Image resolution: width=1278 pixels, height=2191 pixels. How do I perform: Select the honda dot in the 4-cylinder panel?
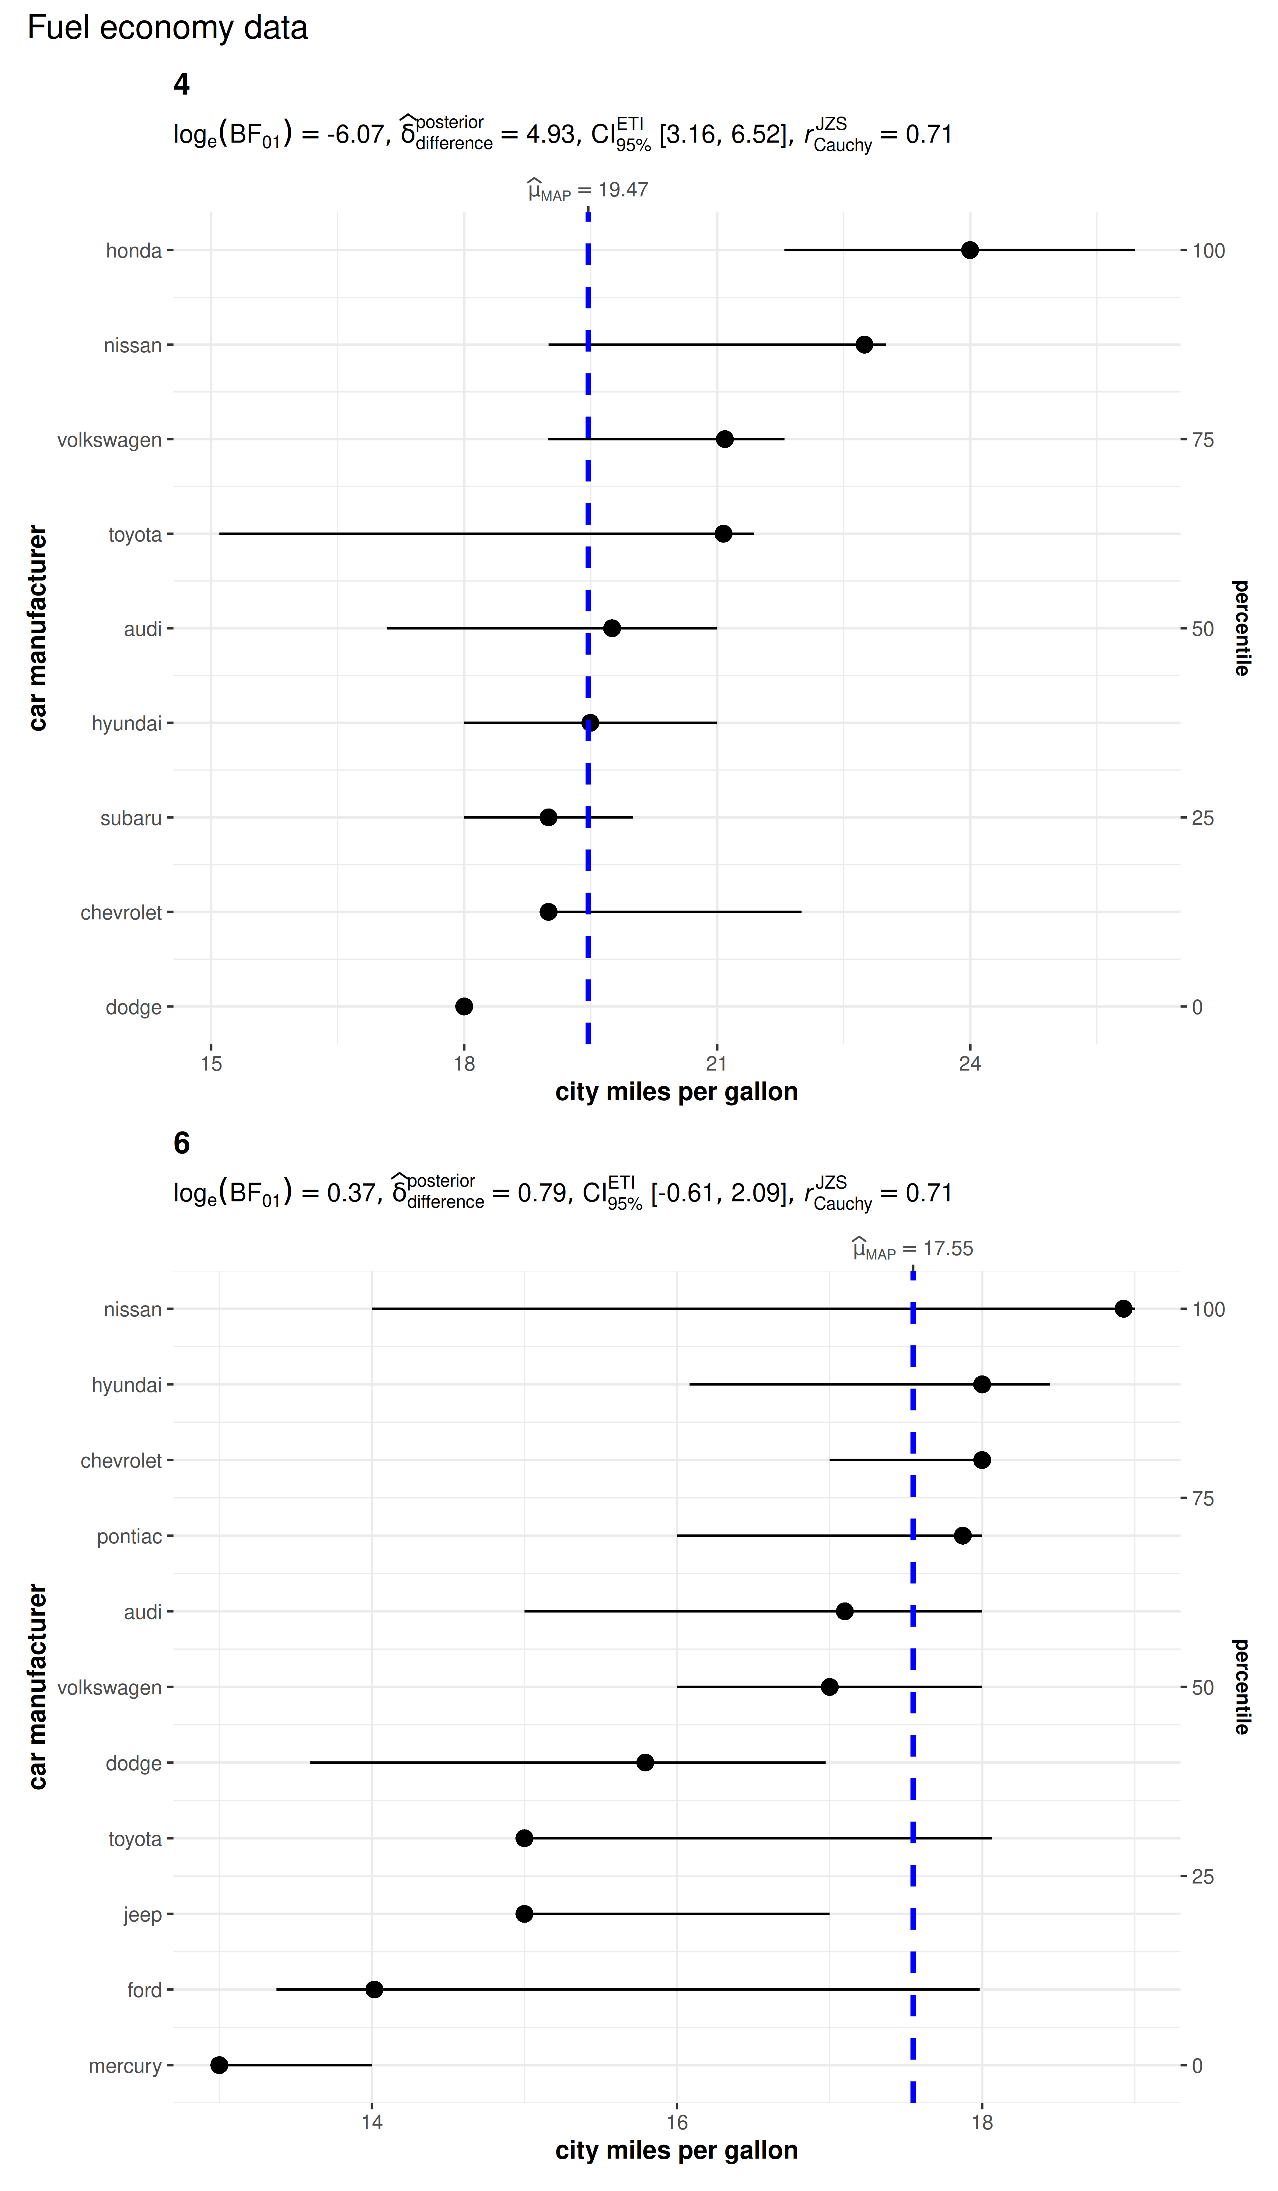(969, 250)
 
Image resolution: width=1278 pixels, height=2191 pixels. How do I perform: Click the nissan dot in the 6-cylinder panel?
(1123, 1309)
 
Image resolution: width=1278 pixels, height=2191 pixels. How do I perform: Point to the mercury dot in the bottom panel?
(219, 2065)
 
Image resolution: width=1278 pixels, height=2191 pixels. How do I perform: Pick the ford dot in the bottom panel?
(374, 1989)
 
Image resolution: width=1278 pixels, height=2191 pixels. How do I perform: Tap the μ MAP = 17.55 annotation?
(913, 1249)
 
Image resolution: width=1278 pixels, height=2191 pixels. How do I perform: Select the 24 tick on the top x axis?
(969, 1063)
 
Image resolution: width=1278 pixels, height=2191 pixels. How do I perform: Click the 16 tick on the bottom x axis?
(677, 2122)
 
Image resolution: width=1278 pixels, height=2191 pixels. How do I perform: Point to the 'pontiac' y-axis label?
(130, 1536)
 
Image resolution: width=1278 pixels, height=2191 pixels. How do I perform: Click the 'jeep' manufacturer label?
(143, 1914)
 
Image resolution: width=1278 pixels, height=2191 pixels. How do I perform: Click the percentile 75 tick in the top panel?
(1202, 440)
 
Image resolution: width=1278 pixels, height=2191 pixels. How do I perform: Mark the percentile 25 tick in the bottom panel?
(1202, 1876)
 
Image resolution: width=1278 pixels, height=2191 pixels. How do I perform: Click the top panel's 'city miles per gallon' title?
(676, 1092)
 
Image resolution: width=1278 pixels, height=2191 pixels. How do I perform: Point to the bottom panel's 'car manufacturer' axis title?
(37, 1687)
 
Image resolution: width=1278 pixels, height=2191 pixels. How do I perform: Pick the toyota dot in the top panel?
(723, 534)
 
